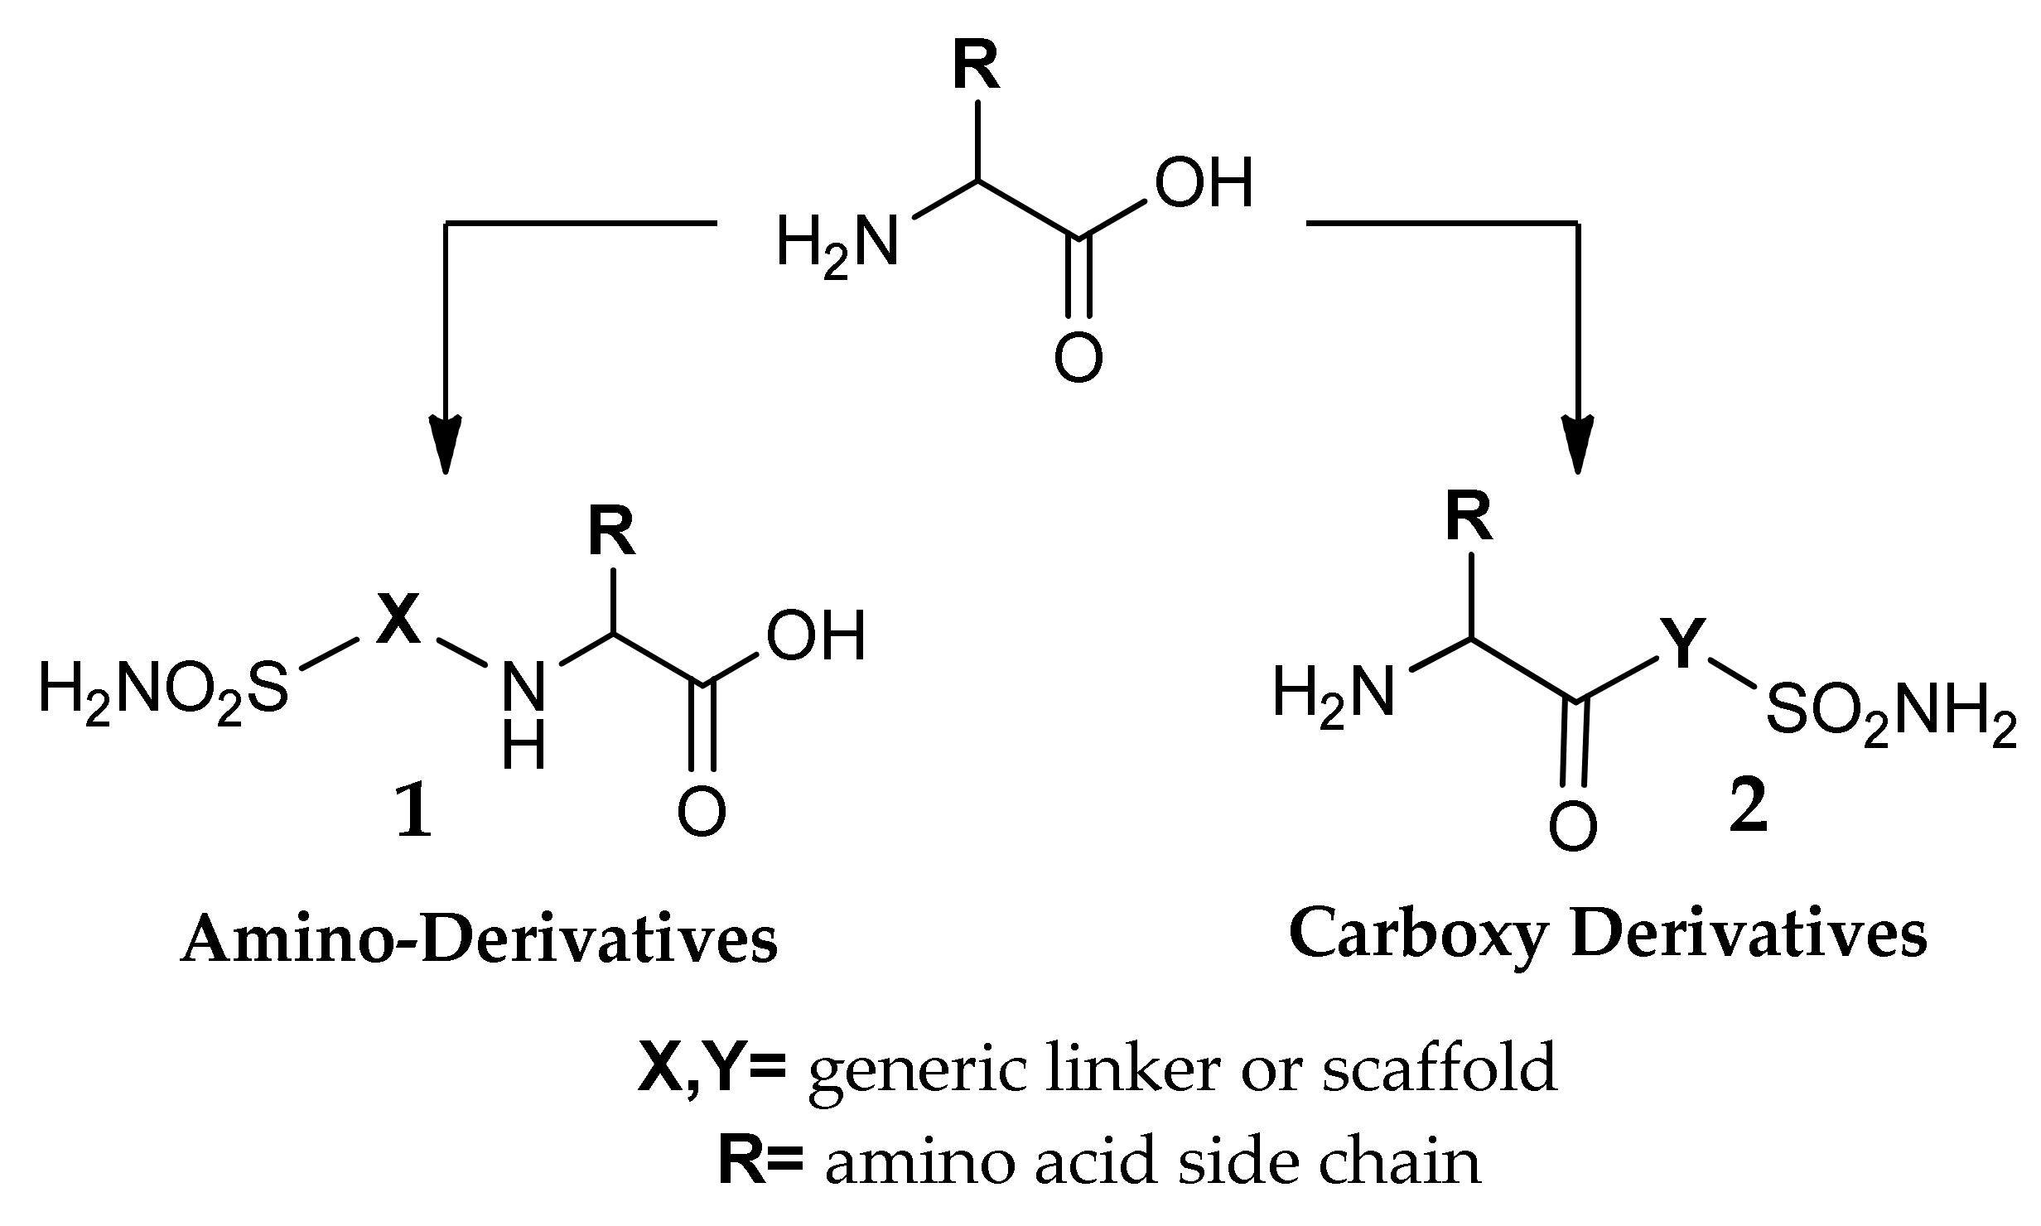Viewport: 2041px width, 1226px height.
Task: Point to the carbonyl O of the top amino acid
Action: point(1078,357)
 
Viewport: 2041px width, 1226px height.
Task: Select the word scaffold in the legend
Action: point(1439,1069)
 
